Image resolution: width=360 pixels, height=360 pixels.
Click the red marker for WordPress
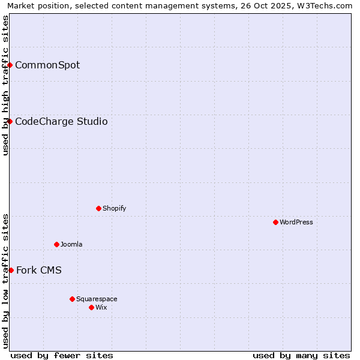tap(275, 222)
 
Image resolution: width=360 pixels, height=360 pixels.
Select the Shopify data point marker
tap(98, 208)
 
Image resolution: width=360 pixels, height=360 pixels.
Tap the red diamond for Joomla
tap(56, 244)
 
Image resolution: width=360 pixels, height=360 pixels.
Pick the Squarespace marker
tap(72, 299)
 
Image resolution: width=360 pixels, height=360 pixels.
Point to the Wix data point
tap(91, 307)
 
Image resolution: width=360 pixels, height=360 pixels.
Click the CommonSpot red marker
tap(10, 65)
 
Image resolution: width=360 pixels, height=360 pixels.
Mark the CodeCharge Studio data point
tap(10, 121)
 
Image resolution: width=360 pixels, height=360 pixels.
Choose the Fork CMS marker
tap(11, 270)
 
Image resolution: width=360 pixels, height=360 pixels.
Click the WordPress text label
tap(296, 222)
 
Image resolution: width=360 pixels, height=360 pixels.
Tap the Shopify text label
tap(115, 208)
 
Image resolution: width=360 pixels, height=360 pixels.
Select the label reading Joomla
tap(71, 244)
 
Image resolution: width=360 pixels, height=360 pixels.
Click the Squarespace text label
tap(97, 299)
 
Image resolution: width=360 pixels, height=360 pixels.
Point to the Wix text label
tap(101, 307)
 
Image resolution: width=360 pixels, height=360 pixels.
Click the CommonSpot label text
tap(47, 65)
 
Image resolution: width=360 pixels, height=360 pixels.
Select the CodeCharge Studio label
tap(61, 121)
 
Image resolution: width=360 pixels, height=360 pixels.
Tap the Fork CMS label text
tap(39, 270)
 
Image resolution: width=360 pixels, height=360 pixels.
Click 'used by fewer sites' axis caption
tap(62, 355)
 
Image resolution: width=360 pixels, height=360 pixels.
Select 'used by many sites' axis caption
tap(301, 355)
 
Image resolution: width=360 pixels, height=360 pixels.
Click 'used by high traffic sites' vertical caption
tap(5, 85)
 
